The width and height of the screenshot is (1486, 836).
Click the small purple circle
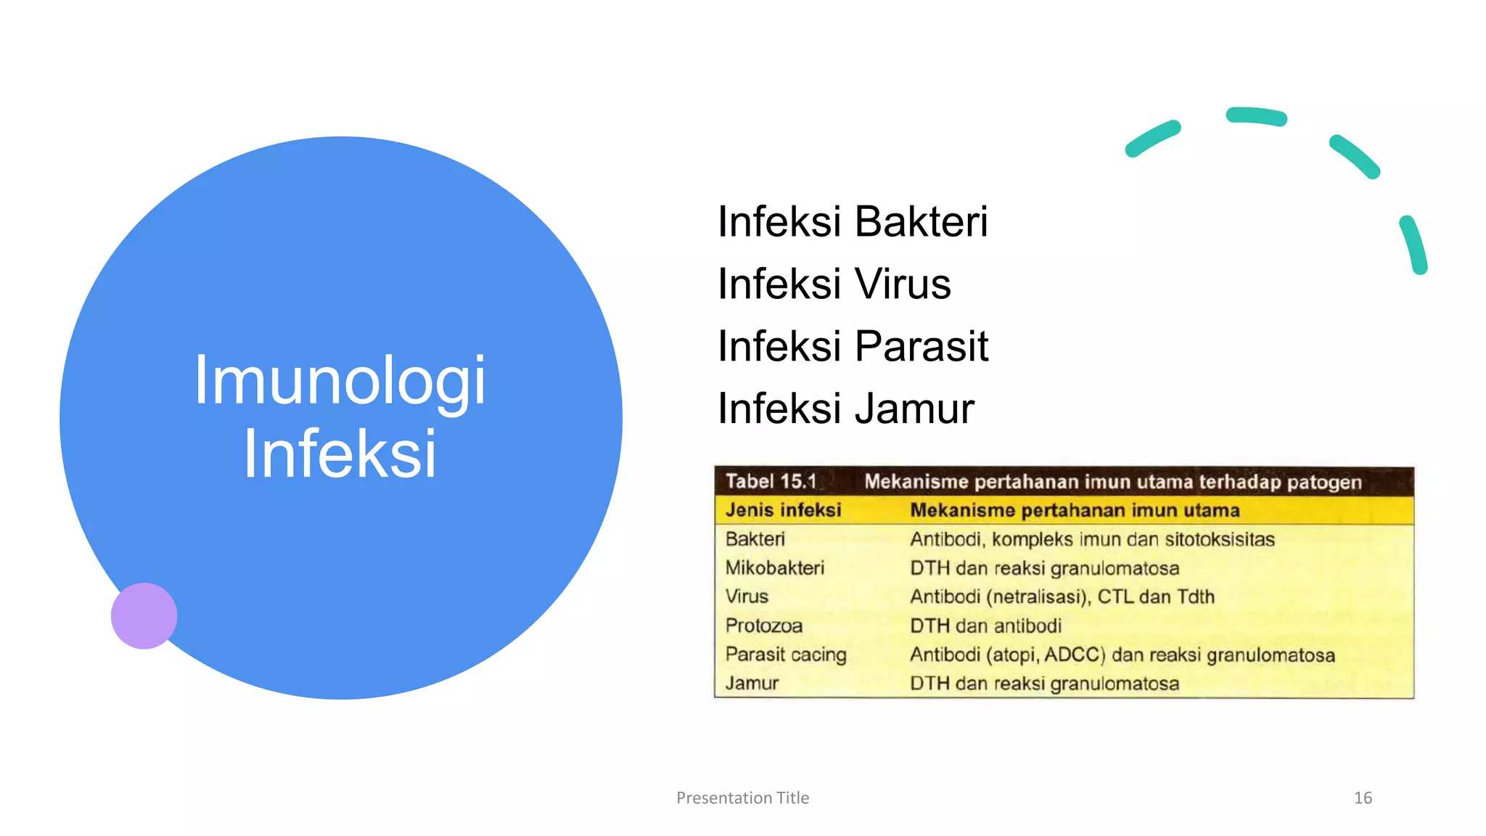[144, 615]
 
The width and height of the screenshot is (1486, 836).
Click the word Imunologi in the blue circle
[340, 380]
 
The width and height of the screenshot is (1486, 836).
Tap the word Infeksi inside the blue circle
[340, 454]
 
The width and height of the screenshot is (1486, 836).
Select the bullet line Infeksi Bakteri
[852, 221]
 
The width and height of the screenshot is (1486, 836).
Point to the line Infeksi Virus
[834, 284]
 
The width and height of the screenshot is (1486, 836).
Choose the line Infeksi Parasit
[853, 346]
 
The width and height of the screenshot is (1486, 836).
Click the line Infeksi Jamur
[845, 409]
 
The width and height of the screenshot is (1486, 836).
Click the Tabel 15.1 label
[771, 481]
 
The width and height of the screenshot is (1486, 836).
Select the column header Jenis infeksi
[783, 510]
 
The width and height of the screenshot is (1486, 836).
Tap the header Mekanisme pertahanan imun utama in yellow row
[1074, 510]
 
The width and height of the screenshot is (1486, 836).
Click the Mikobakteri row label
[774, 567]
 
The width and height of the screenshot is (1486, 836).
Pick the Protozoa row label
[763, 626]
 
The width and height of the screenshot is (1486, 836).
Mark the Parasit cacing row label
[785, 655]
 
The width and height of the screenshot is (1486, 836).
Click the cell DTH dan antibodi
[985, 626]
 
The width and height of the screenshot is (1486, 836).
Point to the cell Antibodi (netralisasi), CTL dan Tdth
[1062, 597]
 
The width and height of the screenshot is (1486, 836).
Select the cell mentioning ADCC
[1122, 655]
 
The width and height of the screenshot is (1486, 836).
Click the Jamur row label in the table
[752, 684]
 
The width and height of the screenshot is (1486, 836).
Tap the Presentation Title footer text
[742, 798]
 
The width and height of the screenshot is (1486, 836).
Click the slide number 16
[1362, 798]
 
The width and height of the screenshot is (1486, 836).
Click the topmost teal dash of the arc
[1256, 116]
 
